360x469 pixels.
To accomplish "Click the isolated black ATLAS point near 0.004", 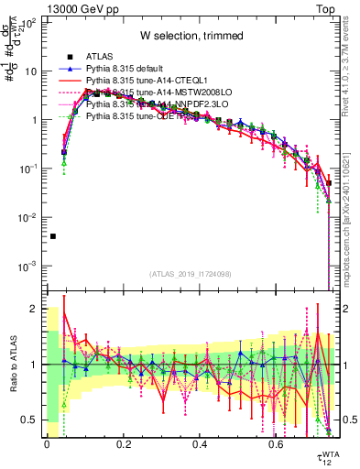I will [x=53, y=236].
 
